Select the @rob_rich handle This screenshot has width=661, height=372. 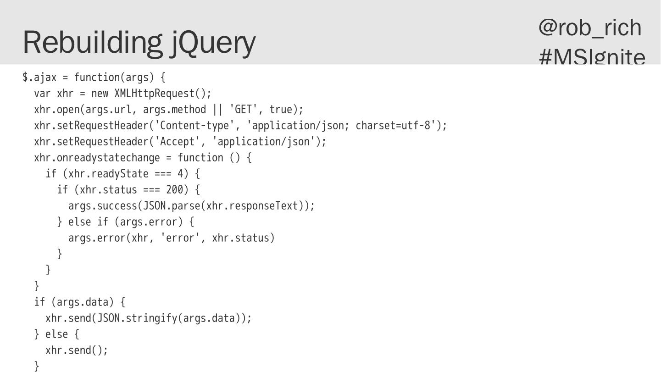pos(590,28)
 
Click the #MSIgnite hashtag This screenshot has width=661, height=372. pos(592,56)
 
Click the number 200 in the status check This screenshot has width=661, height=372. pos(174,190)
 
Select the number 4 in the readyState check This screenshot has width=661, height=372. pos(180,174)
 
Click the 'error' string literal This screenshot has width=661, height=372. pos(180,238)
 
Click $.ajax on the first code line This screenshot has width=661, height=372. pos(39,78)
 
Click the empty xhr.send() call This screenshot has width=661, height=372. pos(76,350)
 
